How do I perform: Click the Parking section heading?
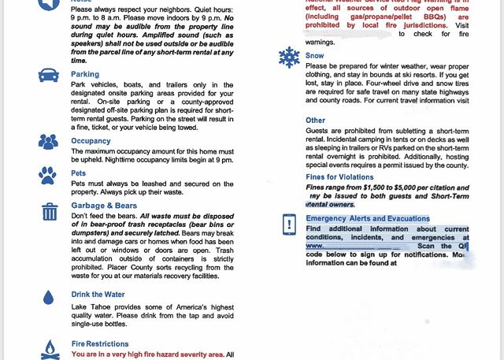click(85, 75)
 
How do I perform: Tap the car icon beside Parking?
click(49, 76)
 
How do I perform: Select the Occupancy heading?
click(91, 141)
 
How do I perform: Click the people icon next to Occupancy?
click(49, 142)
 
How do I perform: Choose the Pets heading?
click(78, 173)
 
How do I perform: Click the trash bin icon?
click(50, 211)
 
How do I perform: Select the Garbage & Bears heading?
click(104, 206)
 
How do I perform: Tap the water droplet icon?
click(49, 297)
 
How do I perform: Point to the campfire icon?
click(50, 348)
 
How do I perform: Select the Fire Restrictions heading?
click(100, 344)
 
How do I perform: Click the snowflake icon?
click(288, 58)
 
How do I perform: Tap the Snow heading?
click(314, 56)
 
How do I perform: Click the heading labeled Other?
click(315, 121)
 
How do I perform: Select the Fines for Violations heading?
click(339, 177)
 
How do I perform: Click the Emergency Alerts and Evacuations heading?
click(368, 218)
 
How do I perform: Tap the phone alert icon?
click(289, 225)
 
